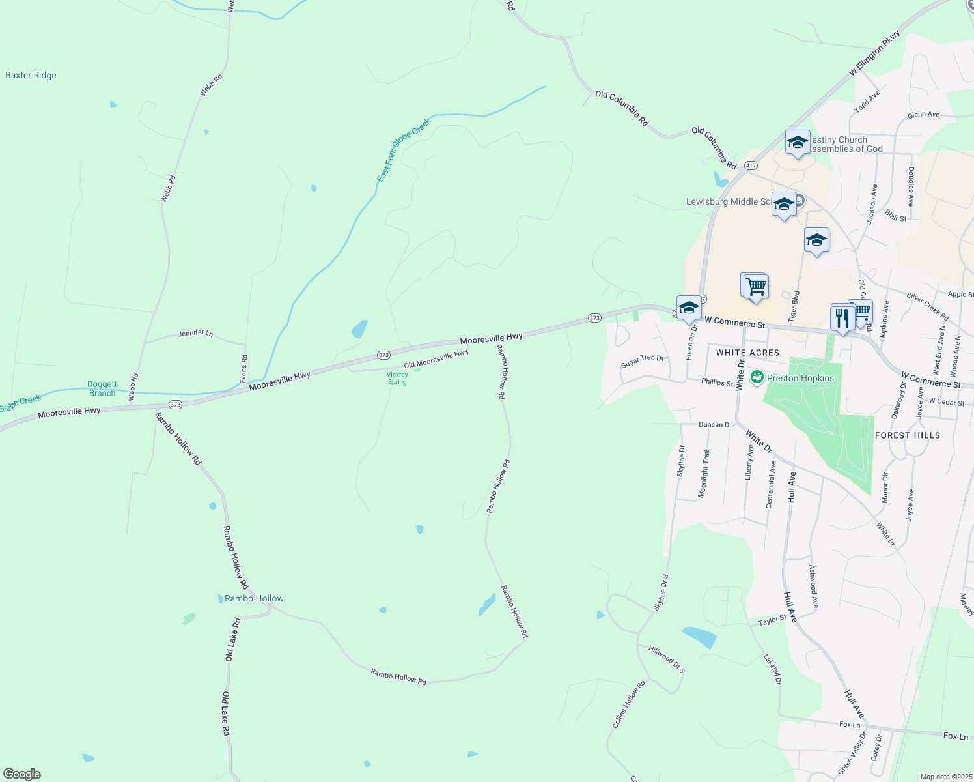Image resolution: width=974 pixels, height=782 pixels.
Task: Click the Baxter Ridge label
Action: pos(31,76)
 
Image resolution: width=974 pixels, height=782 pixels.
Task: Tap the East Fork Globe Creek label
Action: pos(404,150)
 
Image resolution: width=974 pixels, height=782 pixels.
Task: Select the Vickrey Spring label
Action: pos(397,378)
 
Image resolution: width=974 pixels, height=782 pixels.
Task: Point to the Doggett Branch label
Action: pos(102,388)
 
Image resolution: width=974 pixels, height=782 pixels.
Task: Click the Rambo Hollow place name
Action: pos(254,598)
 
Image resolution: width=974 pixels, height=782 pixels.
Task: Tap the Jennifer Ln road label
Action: pos(195,334)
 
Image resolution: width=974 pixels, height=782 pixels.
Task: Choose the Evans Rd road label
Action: pos(244,369)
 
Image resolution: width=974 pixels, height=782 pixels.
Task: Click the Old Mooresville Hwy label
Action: pos(436,359)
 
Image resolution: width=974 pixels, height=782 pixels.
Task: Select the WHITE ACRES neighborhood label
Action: pos(747,353)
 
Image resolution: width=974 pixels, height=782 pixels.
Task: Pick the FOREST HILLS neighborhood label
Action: pos(908,435)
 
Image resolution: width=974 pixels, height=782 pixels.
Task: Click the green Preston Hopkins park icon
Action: pos(757,377)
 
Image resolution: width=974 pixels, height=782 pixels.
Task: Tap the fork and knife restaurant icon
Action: pos(842,318)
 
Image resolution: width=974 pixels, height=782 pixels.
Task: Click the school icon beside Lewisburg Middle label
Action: pos(784,204)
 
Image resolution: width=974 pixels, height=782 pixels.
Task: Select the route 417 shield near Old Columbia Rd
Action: pos(751,166)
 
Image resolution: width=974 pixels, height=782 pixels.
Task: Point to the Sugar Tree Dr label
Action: pos(642,361)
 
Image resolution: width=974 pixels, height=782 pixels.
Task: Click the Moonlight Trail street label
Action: pos(704,474)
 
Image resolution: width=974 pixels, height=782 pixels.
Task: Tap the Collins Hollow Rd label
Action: pos(628,704)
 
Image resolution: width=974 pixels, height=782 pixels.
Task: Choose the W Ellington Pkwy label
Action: pos(874,53)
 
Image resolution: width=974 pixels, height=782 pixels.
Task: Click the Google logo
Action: pos(21,774)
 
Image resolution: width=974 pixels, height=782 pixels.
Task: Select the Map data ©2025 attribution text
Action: pos(945,777)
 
